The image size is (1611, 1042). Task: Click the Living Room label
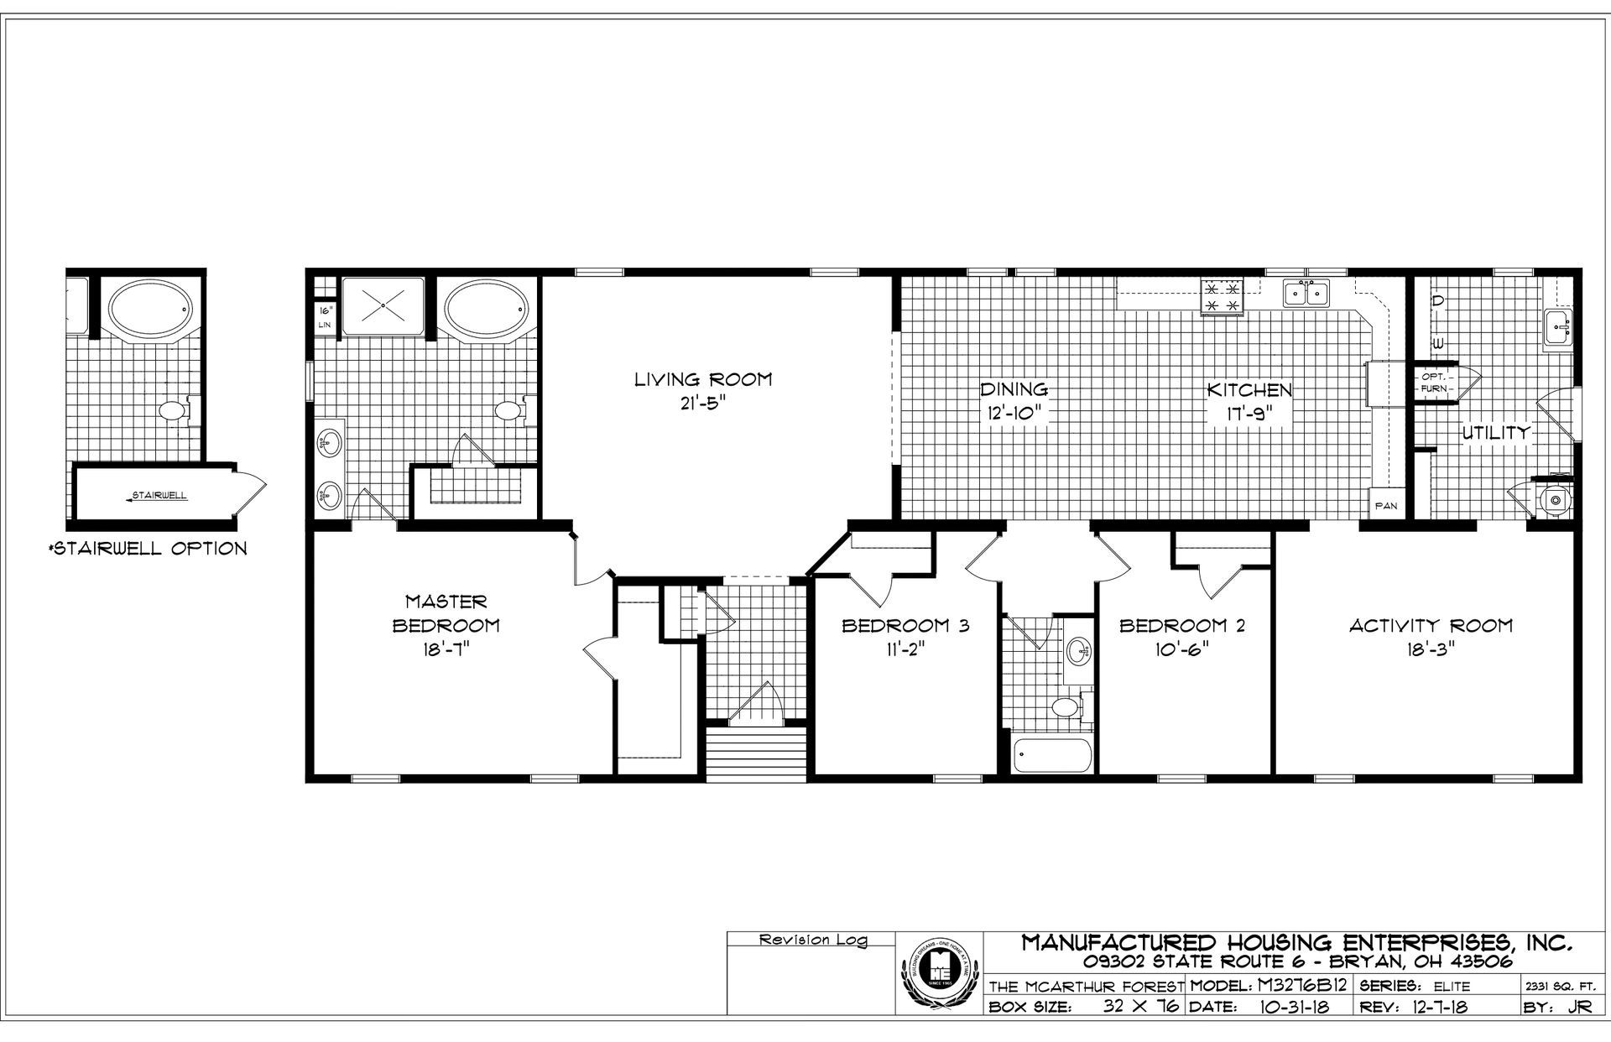tap(702, 379)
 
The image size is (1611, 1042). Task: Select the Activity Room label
tap(1431, 625)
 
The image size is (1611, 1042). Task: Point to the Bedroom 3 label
tap(905, 625)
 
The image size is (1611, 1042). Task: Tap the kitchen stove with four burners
tap(1222, 296)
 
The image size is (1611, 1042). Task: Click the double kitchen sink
tap(1306, 294)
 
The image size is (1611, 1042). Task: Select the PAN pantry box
tap(1385, 506)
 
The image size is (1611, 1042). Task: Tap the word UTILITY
tap(1496, 433)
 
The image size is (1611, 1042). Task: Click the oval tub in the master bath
tap(487, 307)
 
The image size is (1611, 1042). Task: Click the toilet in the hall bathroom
tap(1066, 706)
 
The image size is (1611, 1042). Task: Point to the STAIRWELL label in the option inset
tap(159, 496)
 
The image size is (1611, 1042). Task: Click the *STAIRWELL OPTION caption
tap(148, 549)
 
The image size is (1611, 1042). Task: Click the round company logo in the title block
tap(940, 975)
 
